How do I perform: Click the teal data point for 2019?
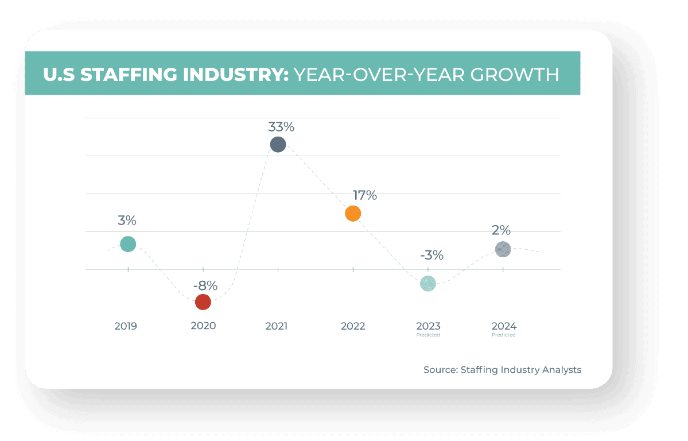pos(128,244)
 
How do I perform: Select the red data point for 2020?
pos(203,301)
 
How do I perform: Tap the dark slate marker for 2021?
pos(278,144)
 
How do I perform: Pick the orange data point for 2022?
pos(353,214)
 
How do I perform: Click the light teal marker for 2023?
pos(428,283)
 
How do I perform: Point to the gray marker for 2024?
pos(503,249)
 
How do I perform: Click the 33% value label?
pos(281,126)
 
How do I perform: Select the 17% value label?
pos(364,196)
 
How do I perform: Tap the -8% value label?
pos(205,285)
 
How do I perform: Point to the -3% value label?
pos(432,256)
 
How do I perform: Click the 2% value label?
pos(501,230)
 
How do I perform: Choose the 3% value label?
pos(127,220)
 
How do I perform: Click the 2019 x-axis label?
pos(126,326)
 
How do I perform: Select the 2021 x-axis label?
pos(276,326)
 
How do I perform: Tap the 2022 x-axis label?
pos(353,326)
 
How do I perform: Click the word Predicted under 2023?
pos(428,335)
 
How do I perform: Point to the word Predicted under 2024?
pos(503,335)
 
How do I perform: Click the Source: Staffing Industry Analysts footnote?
pos(502,370)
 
